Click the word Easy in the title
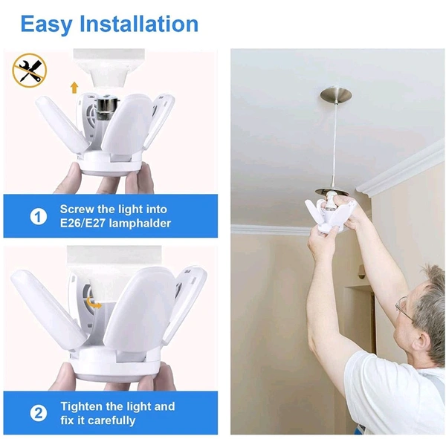click(x=46, y=25)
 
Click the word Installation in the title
click(x=139, y=24)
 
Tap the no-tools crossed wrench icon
click(x=29, y=70)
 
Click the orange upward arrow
click(x=74, y=88)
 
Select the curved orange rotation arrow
click(x=94, y=302)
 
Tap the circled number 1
click(x=39, y=216)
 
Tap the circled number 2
click(x=39, y=413)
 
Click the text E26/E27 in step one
click(x=83, y=223)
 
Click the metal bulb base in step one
click(x=106, y=109)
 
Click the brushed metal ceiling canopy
click(x=336, y=96)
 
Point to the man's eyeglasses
click(x=404, y=308)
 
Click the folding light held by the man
click(x=330, y=215)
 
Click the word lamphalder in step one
click(x=140, y=224)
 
